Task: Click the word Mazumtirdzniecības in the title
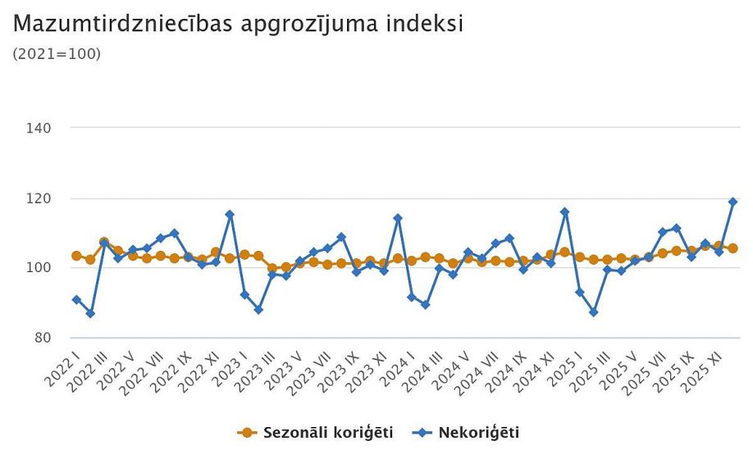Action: tap(123, 24)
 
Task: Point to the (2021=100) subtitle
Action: tap(57, 54)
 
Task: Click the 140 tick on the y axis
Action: tap(40, 129)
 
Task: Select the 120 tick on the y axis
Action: tap(40, 198)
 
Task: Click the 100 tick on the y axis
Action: tap(40, 268)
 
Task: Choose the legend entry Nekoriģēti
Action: tap(478, 432)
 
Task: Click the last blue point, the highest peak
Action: tap(732, 202)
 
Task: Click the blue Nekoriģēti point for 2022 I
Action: tap(76, 300)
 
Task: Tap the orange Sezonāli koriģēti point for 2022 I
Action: tap(76, 256)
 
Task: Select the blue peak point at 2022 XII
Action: tap(230, 215)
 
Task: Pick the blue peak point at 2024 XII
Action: tap(564, 212)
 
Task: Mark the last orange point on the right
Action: tap(732, 248)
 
